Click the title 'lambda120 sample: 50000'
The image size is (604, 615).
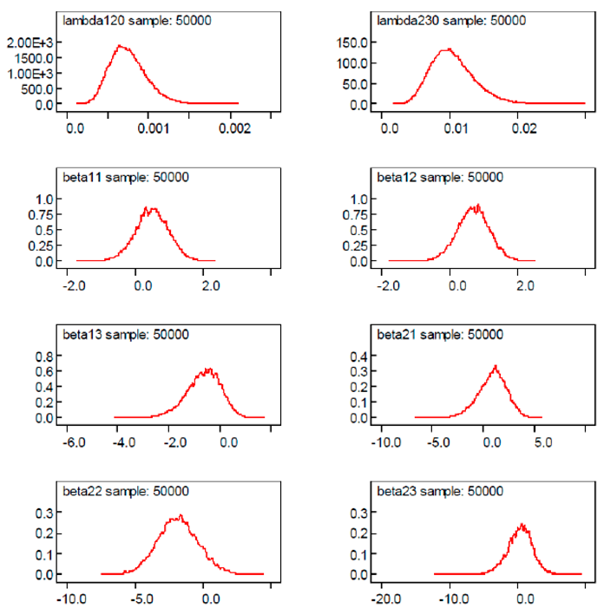tap(126, 20)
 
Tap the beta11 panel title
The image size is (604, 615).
tap(126, 178)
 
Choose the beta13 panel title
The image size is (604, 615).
tap(126, 334)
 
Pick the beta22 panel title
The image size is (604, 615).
tap(126, 491)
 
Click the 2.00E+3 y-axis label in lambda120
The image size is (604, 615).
tap(34, 43)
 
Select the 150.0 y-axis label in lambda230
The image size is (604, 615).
tap(353, 43)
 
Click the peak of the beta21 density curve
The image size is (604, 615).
tap(495, 366)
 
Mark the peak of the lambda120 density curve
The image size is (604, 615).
tap(121, 46)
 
